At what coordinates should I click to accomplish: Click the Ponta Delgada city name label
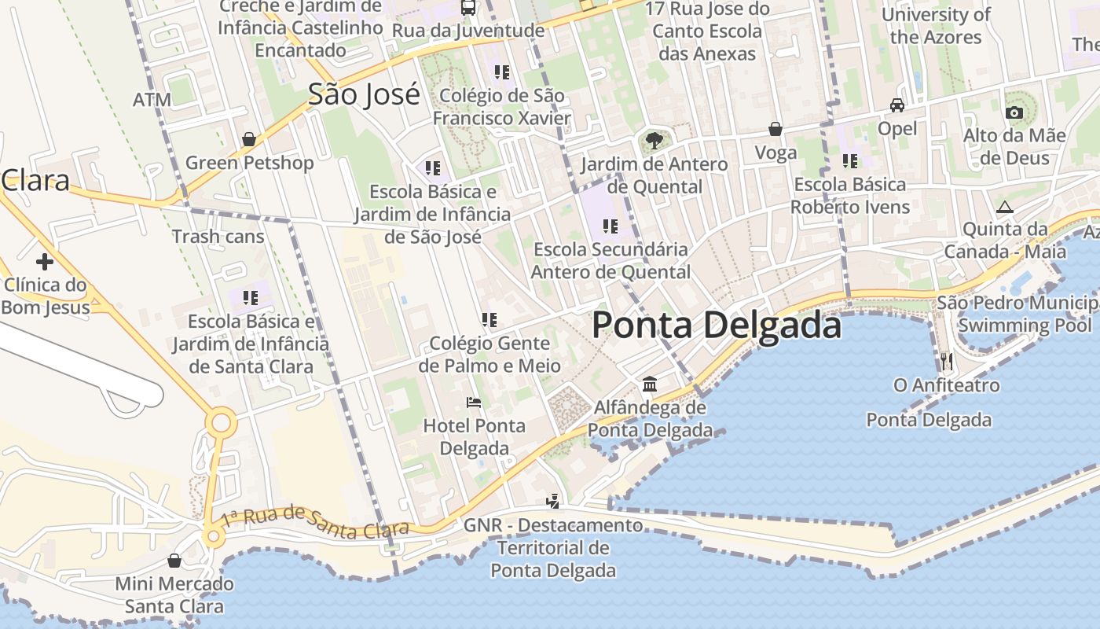[x=716, y=325]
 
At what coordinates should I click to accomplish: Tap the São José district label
[x=364, y=94]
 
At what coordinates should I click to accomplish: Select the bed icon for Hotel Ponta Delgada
[x=474, y=403]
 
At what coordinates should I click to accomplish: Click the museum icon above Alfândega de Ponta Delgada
[x=650, y=384]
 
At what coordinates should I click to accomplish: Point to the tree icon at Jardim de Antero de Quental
[x=654, y=141]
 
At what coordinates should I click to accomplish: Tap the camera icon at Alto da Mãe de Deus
[x=1014, y=112]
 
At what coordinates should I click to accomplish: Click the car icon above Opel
[x=896, y=105]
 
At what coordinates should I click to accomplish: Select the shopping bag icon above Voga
[x=775, y=129]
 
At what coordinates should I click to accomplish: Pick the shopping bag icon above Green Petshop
[x=249, y=139]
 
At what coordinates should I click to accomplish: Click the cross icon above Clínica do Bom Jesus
[x=44, y=261]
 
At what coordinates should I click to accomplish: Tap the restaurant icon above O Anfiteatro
[x=946, y=362]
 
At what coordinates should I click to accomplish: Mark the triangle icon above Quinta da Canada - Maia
[x=1004, y=208]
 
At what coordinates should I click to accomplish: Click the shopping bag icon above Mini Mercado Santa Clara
[x=174, y=561]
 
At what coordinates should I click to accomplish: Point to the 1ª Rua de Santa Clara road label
[x=314, y=524]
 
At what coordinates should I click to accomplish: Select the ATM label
[x=152, y=100]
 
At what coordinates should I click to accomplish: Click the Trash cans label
[x=218, y=236]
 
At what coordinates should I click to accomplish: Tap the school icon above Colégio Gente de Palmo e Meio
[x=489, y=320]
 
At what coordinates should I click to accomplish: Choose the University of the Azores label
[x=936, y=26]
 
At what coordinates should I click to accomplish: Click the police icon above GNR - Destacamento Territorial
[x=553, y=501]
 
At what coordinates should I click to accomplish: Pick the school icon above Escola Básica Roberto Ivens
[x=850, y=161]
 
